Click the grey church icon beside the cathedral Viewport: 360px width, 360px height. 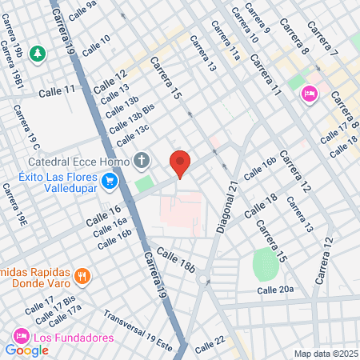tap(142, 160)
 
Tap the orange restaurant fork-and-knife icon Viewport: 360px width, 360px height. tap(81, 277)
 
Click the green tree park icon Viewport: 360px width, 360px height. tap(37, 54)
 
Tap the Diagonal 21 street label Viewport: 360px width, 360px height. tap(227, 207)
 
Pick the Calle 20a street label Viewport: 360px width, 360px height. tap(275, 289)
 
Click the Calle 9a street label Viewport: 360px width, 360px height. tap(83, 10)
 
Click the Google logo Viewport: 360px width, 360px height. tap(26, 350)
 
